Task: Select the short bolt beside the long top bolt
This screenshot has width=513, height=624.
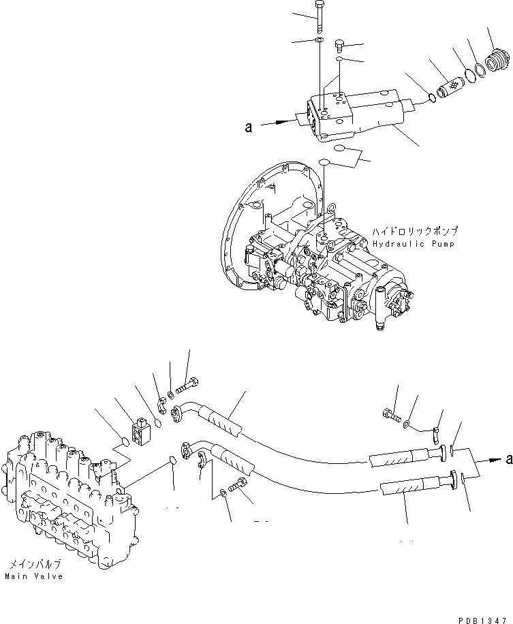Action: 339,46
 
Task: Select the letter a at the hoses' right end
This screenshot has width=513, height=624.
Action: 508,460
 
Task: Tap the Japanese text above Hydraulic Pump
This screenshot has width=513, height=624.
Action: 415,232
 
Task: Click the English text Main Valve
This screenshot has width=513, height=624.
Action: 34,576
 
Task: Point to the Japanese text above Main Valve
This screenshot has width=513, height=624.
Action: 35,565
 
